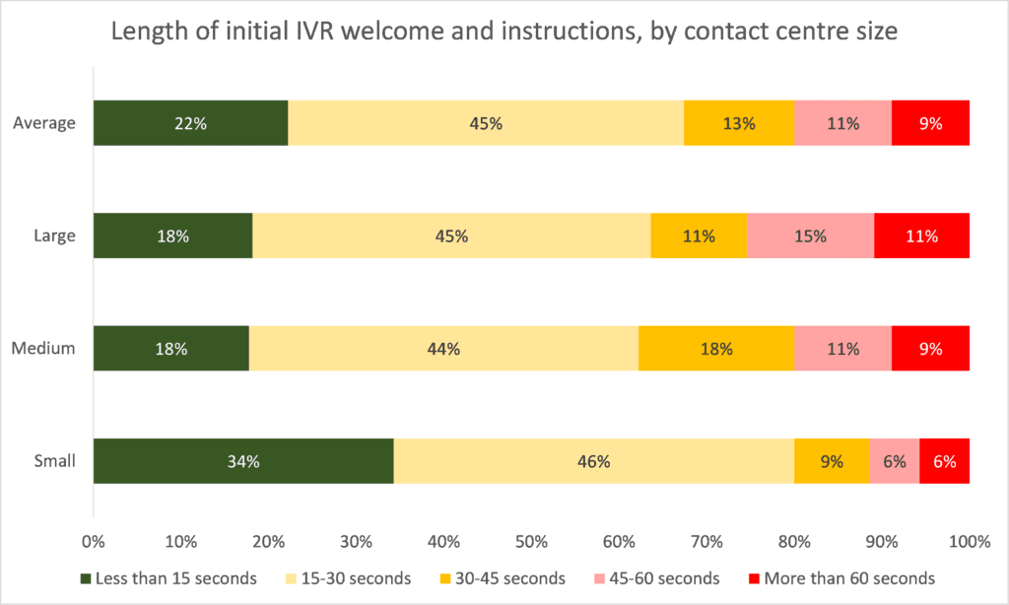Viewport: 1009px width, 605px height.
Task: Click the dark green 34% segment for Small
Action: click(x=243, y=461)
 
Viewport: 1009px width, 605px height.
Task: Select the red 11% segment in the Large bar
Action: click(x=921, y=236)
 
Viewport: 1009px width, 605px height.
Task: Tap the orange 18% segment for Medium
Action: click(x=716, y=349)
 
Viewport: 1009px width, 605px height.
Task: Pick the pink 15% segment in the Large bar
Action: click(x=810, y=236)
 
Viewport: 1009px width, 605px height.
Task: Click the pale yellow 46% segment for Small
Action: click(x=594, y=461)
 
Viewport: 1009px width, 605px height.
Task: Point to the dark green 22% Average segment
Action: click(x=190, y=124)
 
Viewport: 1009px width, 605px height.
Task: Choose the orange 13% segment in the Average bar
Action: click(x=739, y=124)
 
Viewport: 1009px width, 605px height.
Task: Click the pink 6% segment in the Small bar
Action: click(x=895, y=461)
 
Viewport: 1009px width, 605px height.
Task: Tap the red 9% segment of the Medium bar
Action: click(x=930, y=349)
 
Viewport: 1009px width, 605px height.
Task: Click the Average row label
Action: click(x=44, y=124)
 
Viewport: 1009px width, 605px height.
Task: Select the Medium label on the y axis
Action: click(x=43, y=349)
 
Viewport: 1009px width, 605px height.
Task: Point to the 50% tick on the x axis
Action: click(x=531, y=542)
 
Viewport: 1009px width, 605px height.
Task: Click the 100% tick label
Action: click(x=969, y=542)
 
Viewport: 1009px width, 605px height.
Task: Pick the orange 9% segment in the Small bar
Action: click(x=832, y=461)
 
